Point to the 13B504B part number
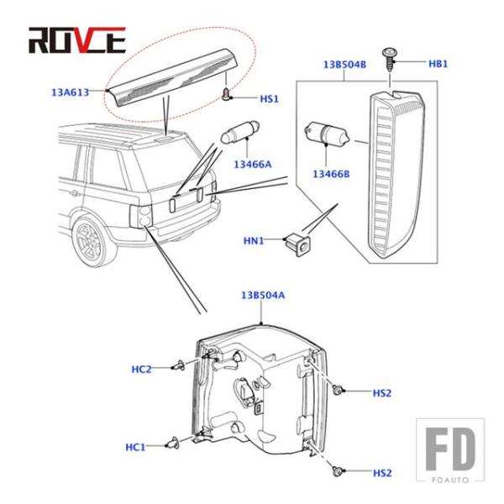tap(341, 64)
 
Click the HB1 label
tap(439, 64)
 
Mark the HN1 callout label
tap(254, 241)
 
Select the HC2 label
tap(141, 369)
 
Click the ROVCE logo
tap(76, 39)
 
